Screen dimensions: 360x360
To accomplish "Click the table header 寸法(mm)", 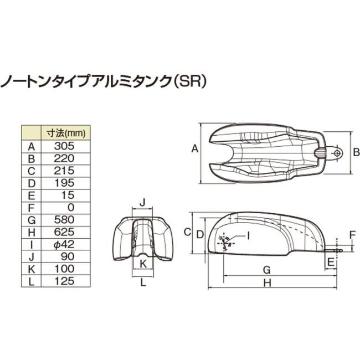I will tap(66, 133).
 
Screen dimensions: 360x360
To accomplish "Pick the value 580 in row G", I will tap(66, 219).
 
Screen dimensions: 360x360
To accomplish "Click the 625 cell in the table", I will tap(66, 231).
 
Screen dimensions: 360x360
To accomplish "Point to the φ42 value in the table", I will tap(66, 243).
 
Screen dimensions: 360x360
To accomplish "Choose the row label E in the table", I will tap(32, 194).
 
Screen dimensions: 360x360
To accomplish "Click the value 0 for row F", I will tap(66, 207).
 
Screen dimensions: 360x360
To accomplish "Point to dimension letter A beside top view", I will tap(194, 148).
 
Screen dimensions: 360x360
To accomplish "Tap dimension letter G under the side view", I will tap(266, 269).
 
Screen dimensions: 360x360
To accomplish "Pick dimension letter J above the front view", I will tap(142, 202).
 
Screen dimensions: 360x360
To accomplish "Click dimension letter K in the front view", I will tap(143, 264).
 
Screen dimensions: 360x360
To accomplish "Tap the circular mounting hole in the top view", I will tap(336, 152).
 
